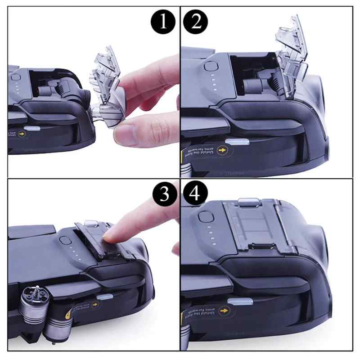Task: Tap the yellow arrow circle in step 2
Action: [221, 149]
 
